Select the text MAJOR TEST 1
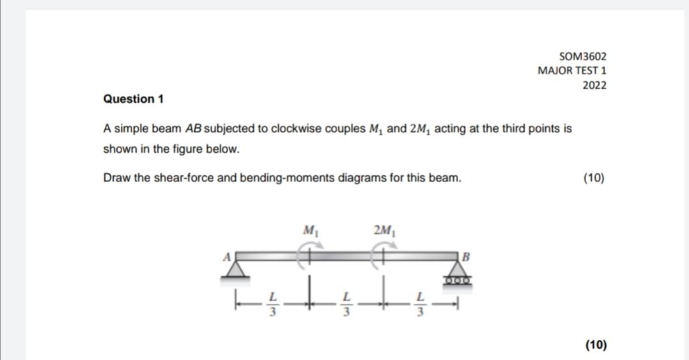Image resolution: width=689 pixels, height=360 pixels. tap(572, 70)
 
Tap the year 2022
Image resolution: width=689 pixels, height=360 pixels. tap(594, 85)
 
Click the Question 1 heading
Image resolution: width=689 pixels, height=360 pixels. tap(134, 99)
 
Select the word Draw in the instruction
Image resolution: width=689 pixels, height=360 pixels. tap(115, 178)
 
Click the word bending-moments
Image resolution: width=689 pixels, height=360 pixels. tap(286, 178)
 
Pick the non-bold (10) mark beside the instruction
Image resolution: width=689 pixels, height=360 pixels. tap(594, 178)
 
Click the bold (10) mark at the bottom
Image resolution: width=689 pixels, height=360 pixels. tap(596, 345)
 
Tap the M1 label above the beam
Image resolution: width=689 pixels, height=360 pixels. tap(311, 230)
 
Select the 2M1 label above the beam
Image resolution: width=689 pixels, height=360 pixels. tap(385, 230)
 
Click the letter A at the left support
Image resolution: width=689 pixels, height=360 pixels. tap(225, 256)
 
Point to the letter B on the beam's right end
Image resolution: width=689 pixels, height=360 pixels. tap(466, 258)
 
